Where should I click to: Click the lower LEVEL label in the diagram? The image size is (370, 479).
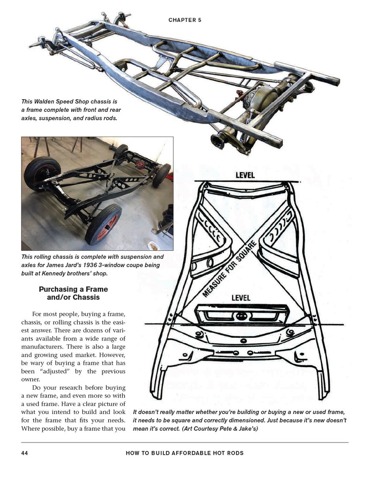click(x=241, y=298)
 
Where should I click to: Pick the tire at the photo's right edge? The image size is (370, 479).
click(x=161, y=175)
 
